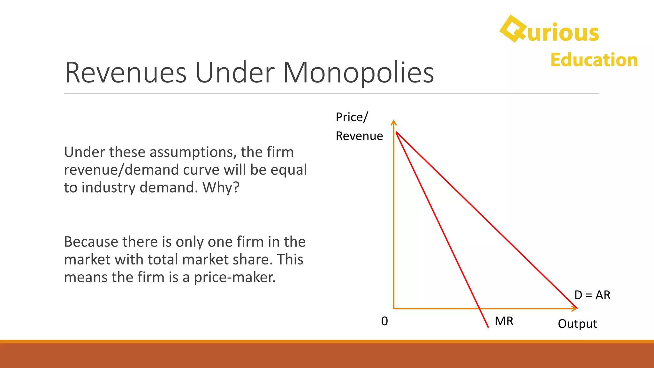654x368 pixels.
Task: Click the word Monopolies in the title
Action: [x=358, y=73]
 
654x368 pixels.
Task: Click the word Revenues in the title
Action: [x=125, y=73]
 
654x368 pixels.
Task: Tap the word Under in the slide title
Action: [x=234, y=73]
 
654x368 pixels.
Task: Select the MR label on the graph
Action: [x=504, y=321]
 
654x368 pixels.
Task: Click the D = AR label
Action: [x=592, y=295]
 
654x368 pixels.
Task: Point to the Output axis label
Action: [x=577, y=324]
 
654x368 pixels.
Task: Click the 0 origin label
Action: [x=384, y=321]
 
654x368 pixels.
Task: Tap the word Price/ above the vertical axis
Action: [x=352, y=117]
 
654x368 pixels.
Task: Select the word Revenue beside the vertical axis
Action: [x=359, y=136]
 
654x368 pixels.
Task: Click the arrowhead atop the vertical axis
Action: [x=394, y=122]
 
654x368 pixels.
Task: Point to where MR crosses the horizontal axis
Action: [x=480, y=309]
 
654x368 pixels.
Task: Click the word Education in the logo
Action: [x=594, y=60]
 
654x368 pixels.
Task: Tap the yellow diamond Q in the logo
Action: [x=513, y=29]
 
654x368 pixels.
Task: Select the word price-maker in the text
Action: [x=234, y=277]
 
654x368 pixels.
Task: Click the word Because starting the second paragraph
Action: [x=91, y=242]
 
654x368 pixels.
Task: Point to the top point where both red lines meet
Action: [x=396, y=132]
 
